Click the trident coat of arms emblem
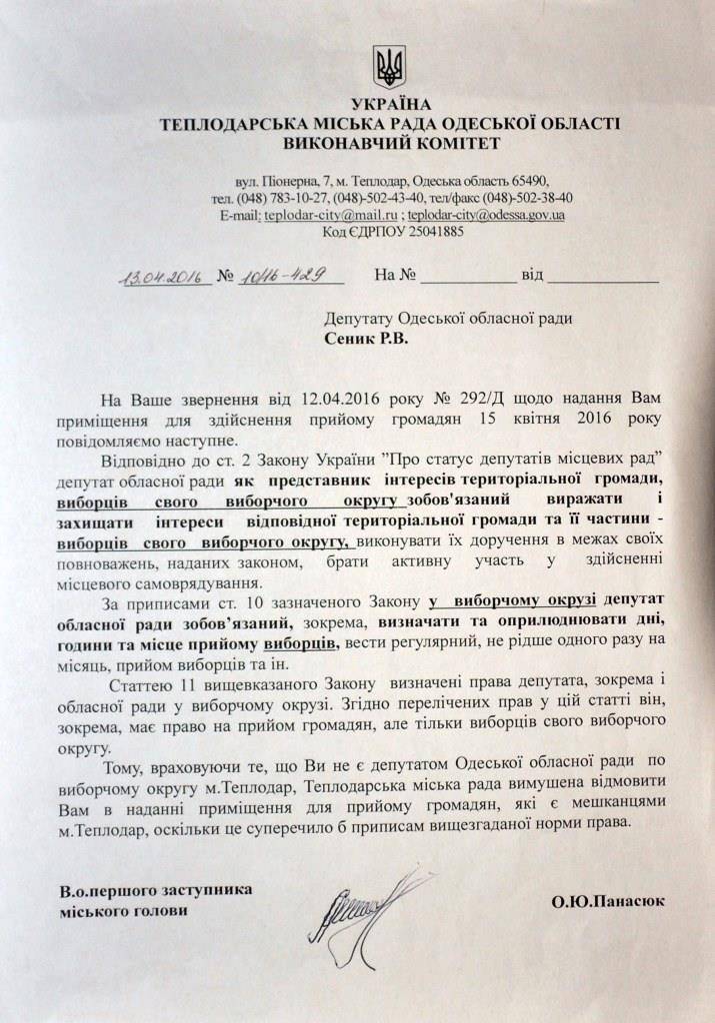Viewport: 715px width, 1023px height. click(x=389, y=66)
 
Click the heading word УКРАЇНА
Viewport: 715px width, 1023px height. click(x=390, y=105)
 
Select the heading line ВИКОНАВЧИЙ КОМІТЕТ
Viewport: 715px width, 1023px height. click(x=390, y=143)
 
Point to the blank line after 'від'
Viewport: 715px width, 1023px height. click(x=603, y=280)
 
